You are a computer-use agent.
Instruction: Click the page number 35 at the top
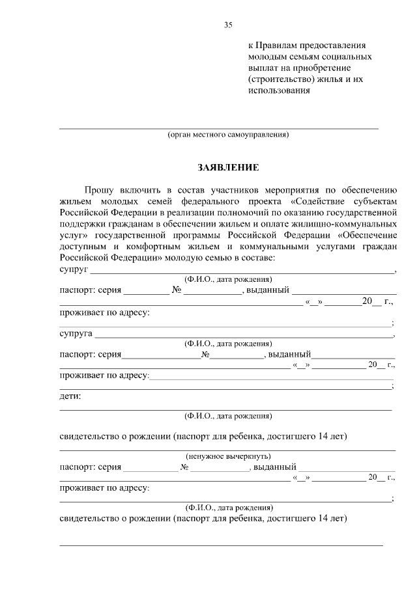coord(228,25)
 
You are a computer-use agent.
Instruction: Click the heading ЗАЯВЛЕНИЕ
coord(228,168)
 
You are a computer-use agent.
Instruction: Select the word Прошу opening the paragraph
coord(98,189)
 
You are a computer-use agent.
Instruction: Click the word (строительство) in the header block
coord(280,79)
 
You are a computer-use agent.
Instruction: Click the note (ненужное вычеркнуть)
coord(228,456)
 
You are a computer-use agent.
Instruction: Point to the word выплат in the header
coord(263,68)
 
